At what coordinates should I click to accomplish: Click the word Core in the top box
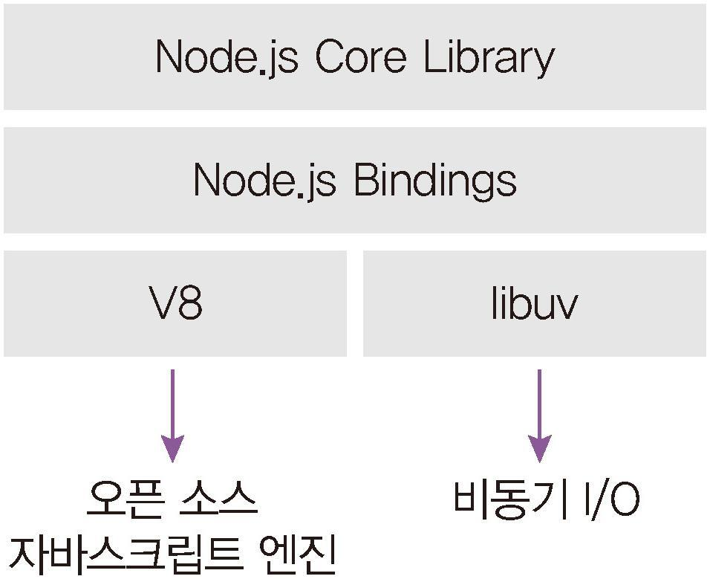360,57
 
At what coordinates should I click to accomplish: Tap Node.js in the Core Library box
227,57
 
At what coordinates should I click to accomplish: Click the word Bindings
434,181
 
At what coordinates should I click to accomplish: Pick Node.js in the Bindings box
264,180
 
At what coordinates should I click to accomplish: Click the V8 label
175,303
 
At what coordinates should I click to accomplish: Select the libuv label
534,303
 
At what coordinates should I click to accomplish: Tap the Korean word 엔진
298,553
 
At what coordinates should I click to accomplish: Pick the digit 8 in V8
190,303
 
